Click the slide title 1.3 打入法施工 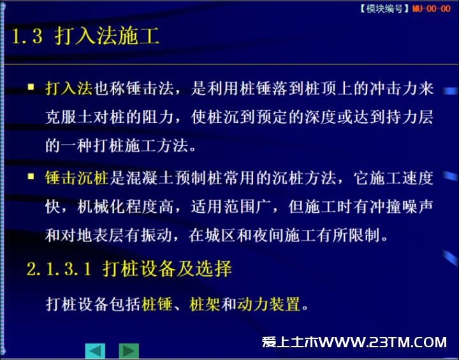tap(85, 36)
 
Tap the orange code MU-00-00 tap(431, 9)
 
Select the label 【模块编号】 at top tap(385, 9)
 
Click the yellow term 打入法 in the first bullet tap(69, 89)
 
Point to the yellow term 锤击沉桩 tap(76, 178)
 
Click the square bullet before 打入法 tap(31, 87)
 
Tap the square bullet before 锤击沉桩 tap(31, 176)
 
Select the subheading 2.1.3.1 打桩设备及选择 tap(129, 269)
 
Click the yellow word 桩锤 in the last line tap(157, 304)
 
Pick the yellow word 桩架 tap(205, 304)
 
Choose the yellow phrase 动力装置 tap(269, 304)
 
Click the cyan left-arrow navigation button tap(95, 350)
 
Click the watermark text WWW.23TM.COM tap(383, 342)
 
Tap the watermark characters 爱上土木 tap(290, 342)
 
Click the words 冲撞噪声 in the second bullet tap(401, 207)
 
